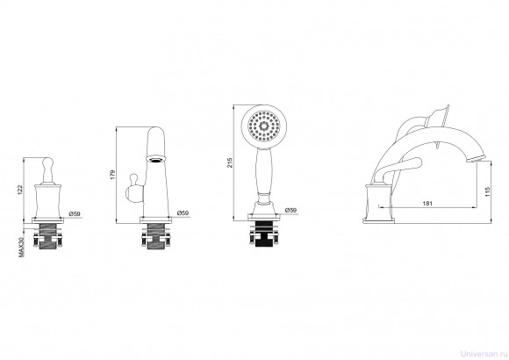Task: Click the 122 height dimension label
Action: click(20, 190)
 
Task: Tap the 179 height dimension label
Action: click(112, 174)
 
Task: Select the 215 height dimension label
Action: click(230, 162)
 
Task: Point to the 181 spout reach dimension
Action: click(428, 204)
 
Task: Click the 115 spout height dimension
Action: click(487, 191)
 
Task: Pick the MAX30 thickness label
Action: click(21, 246)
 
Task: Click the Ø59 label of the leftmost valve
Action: click(75, 213)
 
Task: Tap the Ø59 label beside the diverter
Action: click(183, 213)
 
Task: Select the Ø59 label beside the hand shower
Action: click(290, 210)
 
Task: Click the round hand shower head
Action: click(264, 126)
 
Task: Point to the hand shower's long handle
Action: click(264, 171)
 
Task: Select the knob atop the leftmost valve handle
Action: click(47, 162)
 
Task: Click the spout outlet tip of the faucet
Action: click(475, 159)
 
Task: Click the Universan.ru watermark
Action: click(484, 354)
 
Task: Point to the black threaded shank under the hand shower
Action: click(263, 234)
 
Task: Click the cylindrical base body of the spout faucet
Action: click(378, 202)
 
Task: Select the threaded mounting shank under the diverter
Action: click(155, 236)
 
